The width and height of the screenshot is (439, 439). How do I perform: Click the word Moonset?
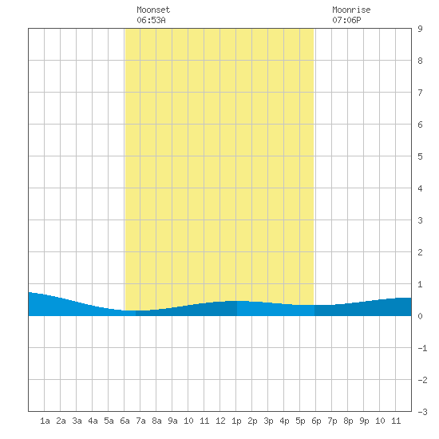pos(153,10)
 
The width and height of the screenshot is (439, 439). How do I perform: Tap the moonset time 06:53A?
pos(151,20)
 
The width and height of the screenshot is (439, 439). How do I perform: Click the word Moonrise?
pos(351,10)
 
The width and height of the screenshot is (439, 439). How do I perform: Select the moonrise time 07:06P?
pos(346,20)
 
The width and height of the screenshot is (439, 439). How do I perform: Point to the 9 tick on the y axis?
pos(420,29)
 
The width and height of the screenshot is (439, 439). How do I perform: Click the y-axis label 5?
pos(420,156)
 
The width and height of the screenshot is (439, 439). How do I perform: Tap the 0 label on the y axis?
pos(420,316)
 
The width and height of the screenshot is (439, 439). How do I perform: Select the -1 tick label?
pos(422,348)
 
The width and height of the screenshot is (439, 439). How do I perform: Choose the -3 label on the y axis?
pos(422,412)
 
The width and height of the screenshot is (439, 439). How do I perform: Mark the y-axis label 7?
pos(420,93)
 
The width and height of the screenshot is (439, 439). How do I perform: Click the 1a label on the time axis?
pos(45,421)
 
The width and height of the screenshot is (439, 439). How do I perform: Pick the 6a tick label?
pos(125,421)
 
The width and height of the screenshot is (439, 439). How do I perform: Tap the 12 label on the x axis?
pos(220,421)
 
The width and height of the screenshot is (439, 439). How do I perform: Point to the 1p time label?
pos(236,421)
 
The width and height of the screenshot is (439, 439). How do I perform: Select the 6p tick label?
pos(316,421)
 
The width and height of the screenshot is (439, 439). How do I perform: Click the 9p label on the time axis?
pos(364,421)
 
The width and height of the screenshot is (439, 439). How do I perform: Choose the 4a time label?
pos(93,421)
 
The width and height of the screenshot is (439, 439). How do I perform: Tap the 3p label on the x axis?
pos(268,421)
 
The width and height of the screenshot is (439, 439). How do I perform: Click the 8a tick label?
pos(156,421)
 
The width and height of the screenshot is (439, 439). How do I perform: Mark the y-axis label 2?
pos(420,252)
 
